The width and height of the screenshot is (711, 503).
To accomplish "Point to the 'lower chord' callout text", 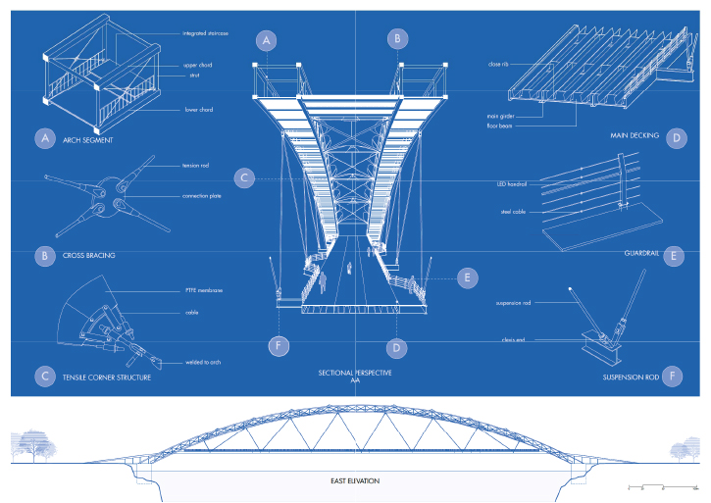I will point(199,110).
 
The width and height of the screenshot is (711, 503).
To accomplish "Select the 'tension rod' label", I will point(196,165).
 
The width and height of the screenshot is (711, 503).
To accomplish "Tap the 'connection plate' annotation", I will point(203,196).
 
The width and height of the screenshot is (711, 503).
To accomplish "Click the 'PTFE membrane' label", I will point(204,290).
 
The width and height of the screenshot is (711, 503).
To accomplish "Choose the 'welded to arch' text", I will point(202,363).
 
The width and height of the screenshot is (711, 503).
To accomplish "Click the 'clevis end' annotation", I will point(515,340).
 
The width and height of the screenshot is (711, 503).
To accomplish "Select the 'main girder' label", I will point(500,115).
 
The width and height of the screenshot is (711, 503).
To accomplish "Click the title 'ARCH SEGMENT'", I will point(85,140).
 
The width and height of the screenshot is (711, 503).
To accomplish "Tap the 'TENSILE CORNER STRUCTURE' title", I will point(107,377).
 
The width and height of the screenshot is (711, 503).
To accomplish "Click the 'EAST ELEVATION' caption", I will point(355,481).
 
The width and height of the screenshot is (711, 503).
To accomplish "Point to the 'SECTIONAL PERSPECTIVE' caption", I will point(355,374).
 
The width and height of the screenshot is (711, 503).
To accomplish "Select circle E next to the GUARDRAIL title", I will point(672,257).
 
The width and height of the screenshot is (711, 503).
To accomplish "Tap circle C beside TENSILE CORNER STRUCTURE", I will point(43,376).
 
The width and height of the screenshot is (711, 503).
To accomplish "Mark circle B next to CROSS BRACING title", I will point(43,257).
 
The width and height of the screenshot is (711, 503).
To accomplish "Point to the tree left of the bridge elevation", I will point(37,446).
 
